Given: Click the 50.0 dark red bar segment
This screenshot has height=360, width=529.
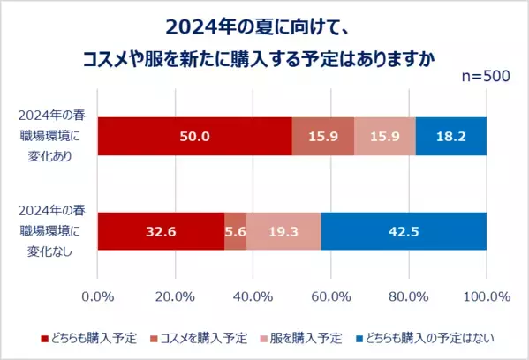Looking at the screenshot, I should pyautogui.click(x=194, y=136).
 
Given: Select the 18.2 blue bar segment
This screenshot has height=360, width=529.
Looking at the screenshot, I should pyautogui.click(x=450, y=136).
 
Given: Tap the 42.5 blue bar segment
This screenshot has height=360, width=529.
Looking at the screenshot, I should pyautogui.click(x=404, y=231).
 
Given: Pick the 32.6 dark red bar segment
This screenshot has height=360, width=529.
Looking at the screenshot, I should pyautogui.click(x=161, y=231).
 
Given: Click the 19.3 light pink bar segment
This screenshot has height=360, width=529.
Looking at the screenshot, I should pyautogui.click(x=283, y=231).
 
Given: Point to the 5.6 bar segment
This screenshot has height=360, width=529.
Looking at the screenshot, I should pyautogui.click(x=236, y=231).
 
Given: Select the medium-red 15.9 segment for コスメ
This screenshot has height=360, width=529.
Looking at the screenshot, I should pyautogui.click(x=322, y=136).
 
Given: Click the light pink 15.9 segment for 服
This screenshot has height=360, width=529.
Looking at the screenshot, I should pyautogui.click(x=384, y=136).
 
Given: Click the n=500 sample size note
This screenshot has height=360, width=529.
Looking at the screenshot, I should pyautogui.click(x=486, y=77).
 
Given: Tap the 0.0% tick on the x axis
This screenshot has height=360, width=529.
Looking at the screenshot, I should pyautogui.click(x=98, y=296).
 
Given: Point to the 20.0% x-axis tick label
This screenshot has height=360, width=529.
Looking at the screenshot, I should pyautogui.click(x=176, y=296).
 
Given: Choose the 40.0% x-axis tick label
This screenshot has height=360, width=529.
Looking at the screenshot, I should pyautogui.click(x=253, y=296).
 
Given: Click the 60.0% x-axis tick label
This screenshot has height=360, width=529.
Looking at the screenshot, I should pyautogui.click(x=331, y=296).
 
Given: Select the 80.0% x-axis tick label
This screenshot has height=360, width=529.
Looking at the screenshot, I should pyautogui.click(x=409, y=296).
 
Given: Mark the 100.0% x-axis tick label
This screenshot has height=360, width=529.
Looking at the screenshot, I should pyautogui.click(x=486, y=296).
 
